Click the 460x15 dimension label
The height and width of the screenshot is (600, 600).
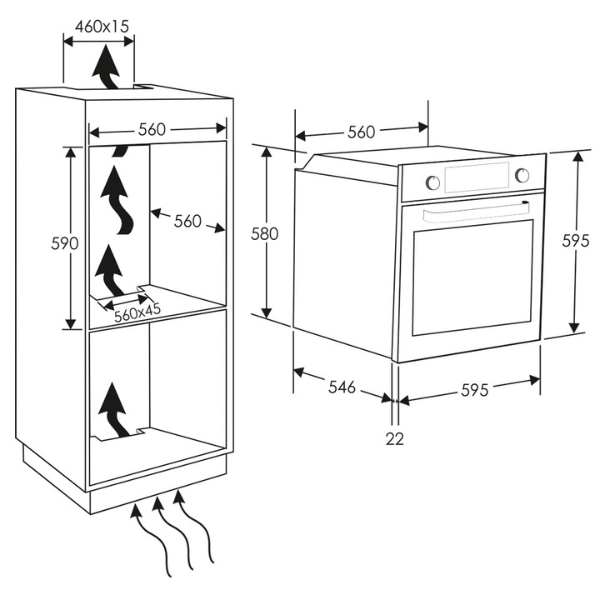pyautogui.click(x=102, y=25)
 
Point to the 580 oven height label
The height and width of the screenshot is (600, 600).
pyautogui.click(x=264, y=234)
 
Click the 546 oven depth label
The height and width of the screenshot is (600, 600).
pyautogui.click(x=342, y=387)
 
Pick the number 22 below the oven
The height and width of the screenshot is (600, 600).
pyautogui.click(x=394, y=438)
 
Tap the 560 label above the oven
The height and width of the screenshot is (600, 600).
pyautogui.click(x=361, y=131)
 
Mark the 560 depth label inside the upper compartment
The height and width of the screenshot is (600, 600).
pyautogui.click(x=187, y=221)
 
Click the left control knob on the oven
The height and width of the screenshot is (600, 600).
pyautogui.click(x=432, y=182)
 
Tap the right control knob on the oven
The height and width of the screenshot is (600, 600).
pyautogui.click(x=522, y=174)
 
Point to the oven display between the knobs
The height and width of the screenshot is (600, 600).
pyautogui.click(x=477, y=177)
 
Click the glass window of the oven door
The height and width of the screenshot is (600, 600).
pyautogui.click(x=472, y=277)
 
